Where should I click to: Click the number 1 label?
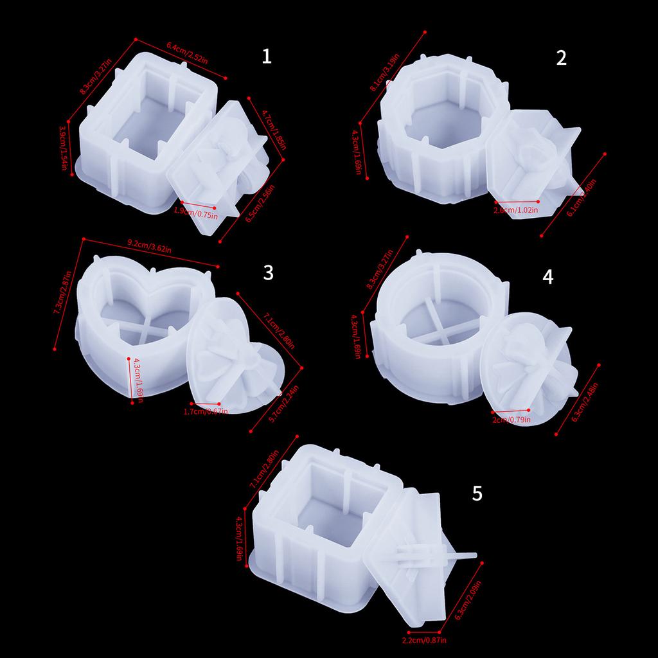click(267, 57)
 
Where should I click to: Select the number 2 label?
click(562, 58)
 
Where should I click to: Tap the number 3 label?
click(268, 272)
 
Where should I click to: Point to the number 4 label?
click(547, 276)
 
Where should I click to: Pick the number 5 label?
click(476, 493)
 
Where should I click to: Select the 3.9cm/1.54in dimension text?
click(64, 148)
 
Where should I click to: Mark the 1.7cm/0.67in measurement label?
click(206, 411)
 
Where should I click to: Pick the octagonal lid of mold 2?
click(524, 164)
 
